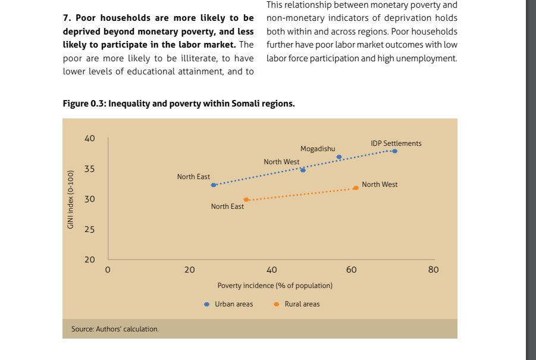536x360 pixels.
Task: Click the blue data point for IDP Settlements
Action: pos(394,151)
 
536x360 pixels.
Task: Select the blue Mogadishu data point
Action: pos(339,157)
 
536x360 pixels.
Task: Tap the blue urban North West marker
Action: pos(303,170)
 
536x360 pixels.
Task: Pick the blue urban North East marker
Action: pos(214,185)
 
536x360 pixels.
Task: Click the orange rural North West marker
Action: pos(356,188)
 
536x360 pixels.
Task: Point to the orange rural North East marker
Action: pos(246,200)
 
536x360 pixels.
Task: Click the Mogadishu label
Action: pos(318,149)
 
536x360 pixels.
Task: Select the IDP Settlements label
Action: pos(396,143)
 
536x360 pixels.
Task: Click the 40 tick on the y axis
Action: pos(90,138)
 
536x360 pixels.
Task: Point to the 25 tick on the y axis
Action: pos(90,230)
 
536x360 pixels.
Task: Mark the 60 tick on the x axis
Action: pos(351,270)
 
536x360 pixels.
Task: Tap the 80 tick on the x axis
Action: pos(433,270)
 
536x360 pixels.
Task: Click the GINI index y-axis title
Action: pos(70,199)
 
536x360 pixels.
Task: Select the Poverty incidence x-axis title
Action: pos(275,286)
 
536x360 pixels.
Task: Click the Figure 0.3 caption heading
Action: pos(178,104)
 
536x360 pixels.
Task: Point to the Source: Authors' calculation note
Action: pos(115,328)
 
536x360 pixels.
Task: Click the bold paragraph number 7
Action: pos(65,18)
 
